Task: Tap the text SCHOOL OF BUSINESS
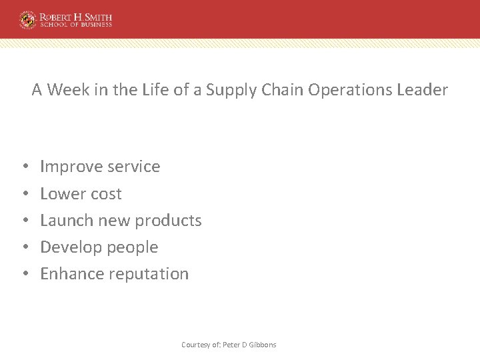[75, 25]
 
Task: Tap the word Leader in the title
[423, 90]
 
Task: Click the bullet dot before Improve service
[24, 167]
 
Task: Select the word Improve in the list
[70, 167]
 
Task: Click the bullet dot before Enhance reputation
[24, 274]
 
